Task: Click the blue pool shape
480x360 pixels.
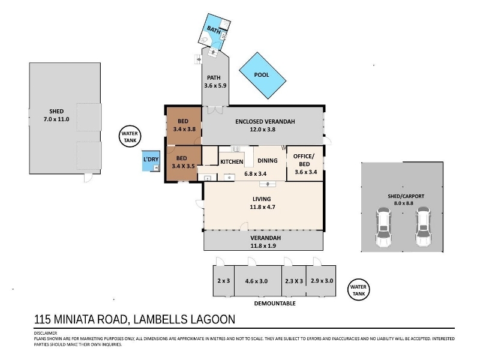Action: [x=262, y=76]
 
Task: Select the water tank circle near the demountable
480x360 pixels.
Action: [x=358, y=290]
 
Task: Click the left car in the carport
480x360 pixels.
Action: [x=383, y=227]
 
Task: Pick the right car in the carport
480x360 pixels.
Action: [x=423, y=227]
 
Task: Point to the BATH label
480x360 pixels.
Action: [x=214, y=31]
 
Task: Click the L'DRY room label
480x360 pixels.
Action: [x=151, y=159]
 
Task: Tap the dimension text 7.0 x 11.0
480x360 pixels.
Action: [x=56, y=119]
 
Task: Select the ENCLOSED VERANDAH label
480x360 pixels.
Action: [x=265, y=122]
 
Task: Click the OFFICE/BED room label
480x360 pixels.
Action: [x=304, y=160]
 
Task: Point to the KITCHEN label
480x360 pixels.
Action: [x=232, y=161]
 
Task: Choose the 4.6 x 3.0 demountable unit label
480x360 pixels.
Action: [x=257, y=281]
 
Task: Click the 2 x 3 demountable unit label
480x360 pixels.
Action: [x=223, y=281]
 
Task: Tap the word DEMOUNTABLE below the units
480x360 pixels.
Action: [x=275, y=304]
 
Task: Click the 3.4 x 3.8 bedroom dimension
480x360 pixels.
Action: [x=184, y=129]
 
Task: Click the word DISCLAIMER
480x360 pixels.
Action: [x=46, y=334]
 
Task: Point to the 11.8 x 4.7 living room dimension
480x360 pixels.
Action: [x=262, y=207]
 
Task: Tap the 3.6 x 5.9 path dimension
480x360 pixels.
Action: [x=215, y=86]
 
